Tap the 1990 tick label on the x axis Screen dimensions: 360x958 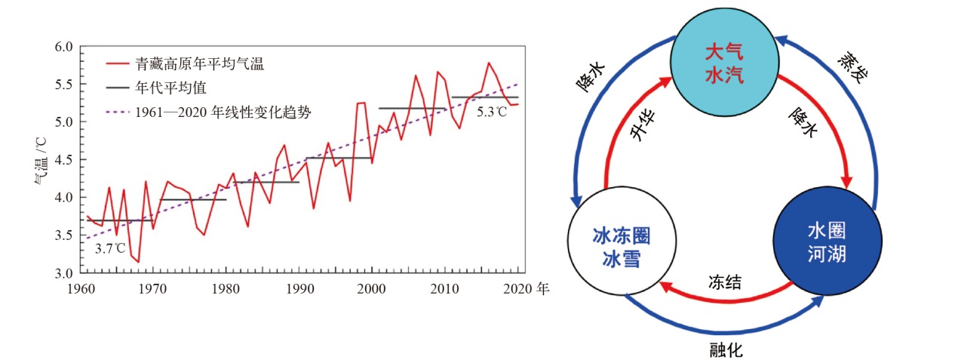coord(299,288)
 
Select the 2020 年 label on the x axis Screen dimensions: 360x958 coord(529,288)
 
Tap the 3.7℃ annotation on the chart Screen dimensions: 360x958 coord(110,248)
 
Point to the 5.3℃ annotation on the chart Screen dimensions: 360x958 coord(491,112)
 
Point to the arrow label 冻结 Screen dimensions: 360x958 coord(723,282)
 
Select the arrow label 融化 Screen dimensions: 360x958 coord(726,349)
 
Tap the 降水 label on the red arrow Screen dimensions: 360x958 coord(803,123)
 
